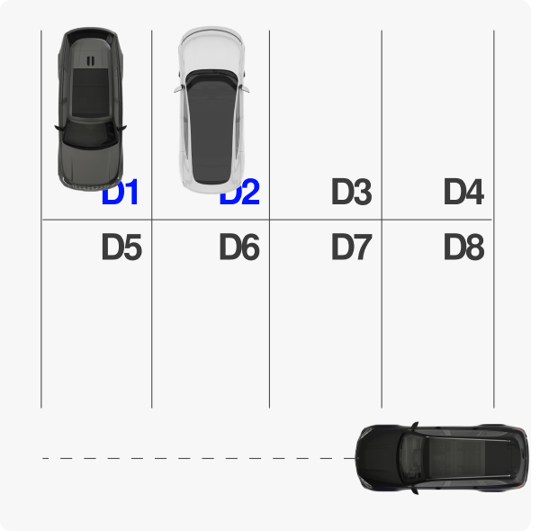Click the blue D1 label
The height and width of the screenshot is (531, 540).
(121, 193)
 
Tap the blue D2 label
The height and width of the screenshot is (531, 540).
(240, 193)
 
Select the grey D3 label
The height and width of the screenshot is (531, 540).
(351, 193)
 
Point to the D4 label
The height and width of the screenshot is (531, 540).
(463, 193)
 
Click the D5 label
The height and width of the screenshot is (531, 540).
(121, 247)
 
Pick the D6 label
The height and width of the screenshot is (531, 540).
(239, 247)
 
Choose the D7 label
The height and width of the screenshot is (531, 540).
(351, 247)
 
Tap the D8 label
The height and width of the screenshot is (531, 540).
(463, 247)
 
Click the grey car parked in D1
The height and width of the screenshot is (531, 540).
(89, 108)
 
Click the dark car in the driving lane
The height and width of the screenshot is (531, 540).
(441, 457)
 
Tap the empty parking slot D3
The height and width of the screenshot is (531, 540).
(325, 117)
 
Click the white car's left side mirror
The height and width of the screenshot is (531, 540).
(178, 87)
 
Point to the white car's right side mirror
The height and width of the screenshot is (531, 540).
(244, 87)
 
